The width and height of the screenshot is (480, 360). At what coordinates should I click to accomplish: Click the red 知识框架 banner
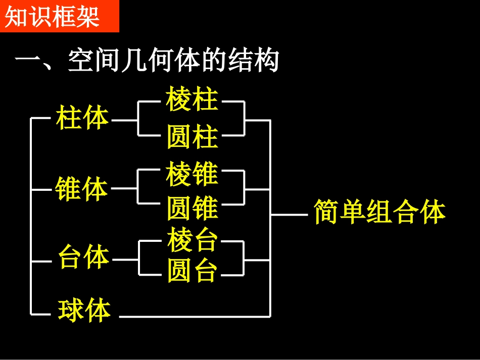pyautogui.click(x=59, y=16)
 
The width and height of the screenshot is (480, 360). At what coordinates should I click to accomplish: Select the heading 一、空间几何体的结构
pyautogui.click(x=147, y=62)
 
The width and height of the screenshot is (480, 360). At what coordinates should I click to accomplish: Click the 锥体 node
pyautogui.click(x=82, y=189)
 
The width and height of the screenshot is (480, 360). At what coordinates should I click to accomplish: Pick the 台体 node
pyautogui.click(x=83, y=258)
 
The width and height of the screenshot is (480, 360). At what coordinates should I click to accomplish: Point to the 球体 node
pyautogui.click(x=84, y=310)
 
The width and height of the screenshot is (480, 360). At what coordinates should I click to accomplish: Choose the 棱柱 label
pyautogui.click(x=192, y=99)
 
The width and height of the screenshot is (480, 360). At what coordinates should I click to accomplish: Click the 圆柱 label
pyautogui.click(x=192, y=137)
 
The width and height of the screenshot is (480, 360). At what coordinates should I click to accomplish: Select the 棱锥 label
pyautogui.click(x=192, y=174)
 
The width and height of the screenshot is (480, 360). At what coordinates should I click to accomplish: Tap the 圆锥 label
pyautogui.click(x=192, y=208)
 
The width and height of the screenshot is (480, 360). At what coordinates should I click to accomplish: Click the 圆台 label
pyautogui.click(x=192, y=271)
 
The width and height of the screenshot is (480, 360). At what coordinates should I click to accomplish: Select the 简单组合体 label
pyautogui.click(x=379, y=212)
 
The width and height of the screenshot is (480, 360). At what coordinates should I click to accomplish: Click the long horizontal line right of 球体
pyautogui.click(x=195, y=317)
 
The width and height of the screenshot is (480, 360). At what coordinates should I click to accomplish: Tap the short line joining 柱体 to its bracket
pyautogui.click(x=124, y=120)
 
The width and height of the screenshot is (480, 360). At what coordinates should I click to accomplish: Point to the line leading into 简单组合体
pyautogui.click(x=289, y=215)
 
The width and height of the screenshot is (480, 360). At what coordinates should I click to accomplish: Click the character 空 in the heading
pyautogui.click(x=80, y=62)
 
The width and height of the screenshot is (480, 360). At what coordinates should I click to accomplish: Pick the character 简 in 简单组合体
pyautogui.click(x=326, y=212)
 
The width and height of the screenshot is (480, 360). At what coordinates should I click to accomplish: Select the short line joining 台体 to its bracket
pyautogui.click(x=125, y=260)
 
